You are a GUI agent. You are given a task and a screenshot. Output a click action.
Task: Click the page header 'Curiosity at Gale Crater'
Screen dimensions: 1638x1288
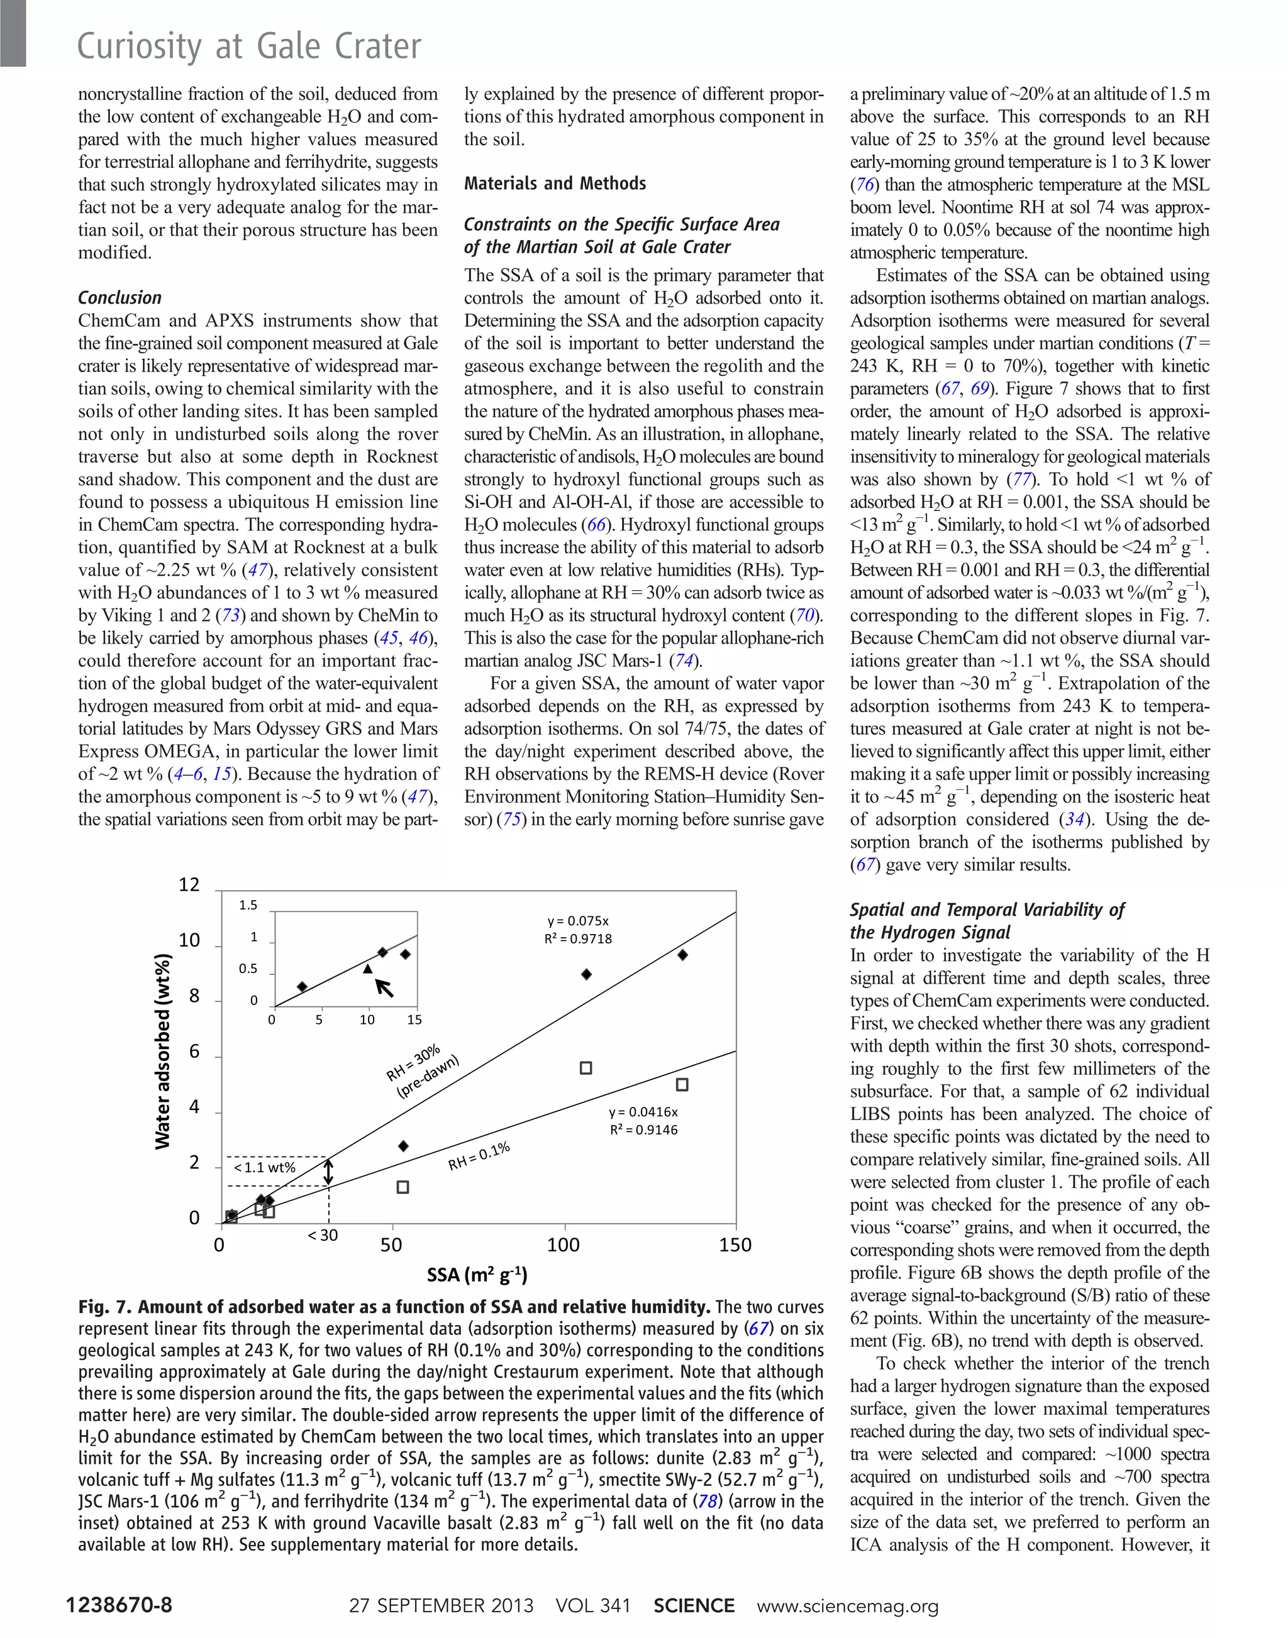[x=249, y=47]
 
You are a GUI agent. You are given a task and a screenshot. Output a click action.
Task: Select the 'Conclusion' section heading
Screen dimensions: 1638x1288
[x=120, y=298]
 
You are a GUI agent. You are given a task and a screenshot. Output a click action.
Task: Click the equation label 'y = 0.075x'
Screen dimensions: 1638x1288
[x=577, y=921]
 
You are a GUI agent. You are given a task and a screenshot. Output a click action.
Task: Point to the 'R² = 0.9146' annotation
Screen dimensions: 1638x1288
[x=643, y=1130]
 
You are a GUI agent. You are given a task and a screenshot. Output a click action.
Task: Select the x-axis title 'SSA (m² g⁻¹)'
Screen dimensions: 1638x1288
[x=477, y=1275]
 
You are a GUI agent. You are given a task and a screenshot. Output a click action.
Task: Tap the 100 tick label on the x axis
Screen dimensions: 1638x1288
[x=563, y=1245]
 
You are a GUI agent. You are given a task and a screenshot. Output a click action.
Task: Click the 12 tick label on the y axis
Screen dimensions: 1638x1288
[x=189, y=885]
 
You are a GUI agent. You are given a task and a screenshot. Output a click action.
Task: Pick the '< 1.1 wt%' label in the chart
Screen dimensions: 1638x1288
[x=264, y=1168]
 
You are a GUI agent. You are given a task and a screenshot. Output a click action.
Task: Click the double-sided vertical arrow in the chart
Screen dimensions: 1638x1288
[x=328, y=1172]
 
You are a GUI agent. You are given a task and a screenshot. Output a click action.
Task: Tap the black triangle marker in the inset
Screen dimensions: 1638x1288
[x=368, y=969]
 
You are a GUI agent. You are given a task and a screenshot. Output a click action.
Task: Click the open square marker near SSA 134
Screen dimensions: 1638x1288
[x=682, y=1085]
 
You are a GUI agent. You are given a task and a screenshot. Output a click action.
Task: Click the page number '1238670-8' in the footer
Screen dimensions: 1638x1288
[x=119, y=1605]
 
